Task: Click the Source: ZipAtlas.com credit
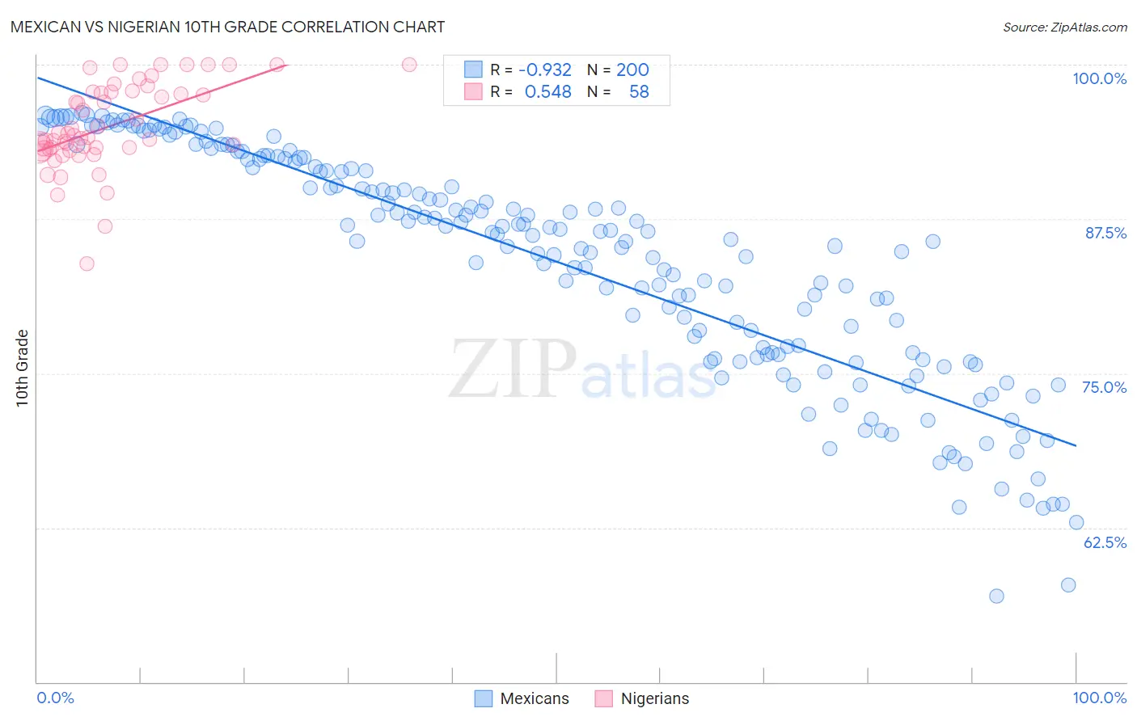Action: (1064, 27)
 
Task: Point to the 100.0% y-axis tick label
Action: (1099, 78)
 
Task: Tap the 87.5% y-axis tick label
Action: (1105, 233)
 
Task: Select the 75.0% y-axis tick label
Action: (1104, 387)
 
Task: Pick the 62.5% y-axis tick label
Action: (1105, 542)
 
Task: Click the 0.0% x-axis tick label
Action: (56, 698)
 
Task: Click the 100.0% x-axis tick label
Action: (1099, 698)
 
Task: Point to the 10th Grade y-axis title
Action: (23, 368)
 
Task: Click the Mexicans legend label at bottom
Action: (535, 698)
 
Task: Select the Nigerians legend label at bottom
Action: (655, 698)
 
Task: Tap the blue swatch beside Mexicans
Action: (484, 698)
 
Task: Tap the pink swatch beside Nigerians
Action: (604, 698)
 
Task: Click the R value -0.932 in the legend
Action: (545, 70)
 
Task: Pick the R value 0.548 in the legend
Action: (547, 92)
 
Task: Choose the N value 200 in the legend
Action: (632, 70)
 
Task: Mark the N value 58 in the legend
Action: (639, 92)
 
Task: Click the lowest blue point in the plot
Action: (996, 596)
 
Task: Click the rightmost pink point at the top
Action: (409, 65)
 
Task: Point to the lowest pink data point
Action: (87, 264)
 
